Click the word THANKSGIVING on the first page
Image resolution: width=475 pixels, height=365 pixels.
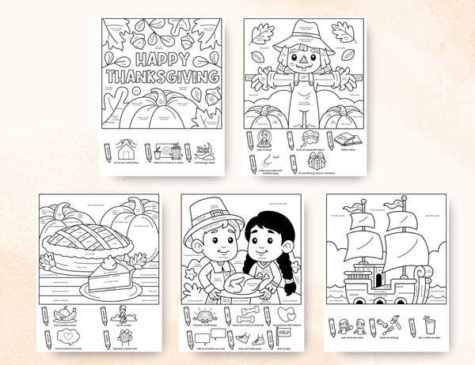point(162,77)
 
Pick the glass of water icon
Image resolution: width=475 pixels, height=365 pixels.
point(430,325)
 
